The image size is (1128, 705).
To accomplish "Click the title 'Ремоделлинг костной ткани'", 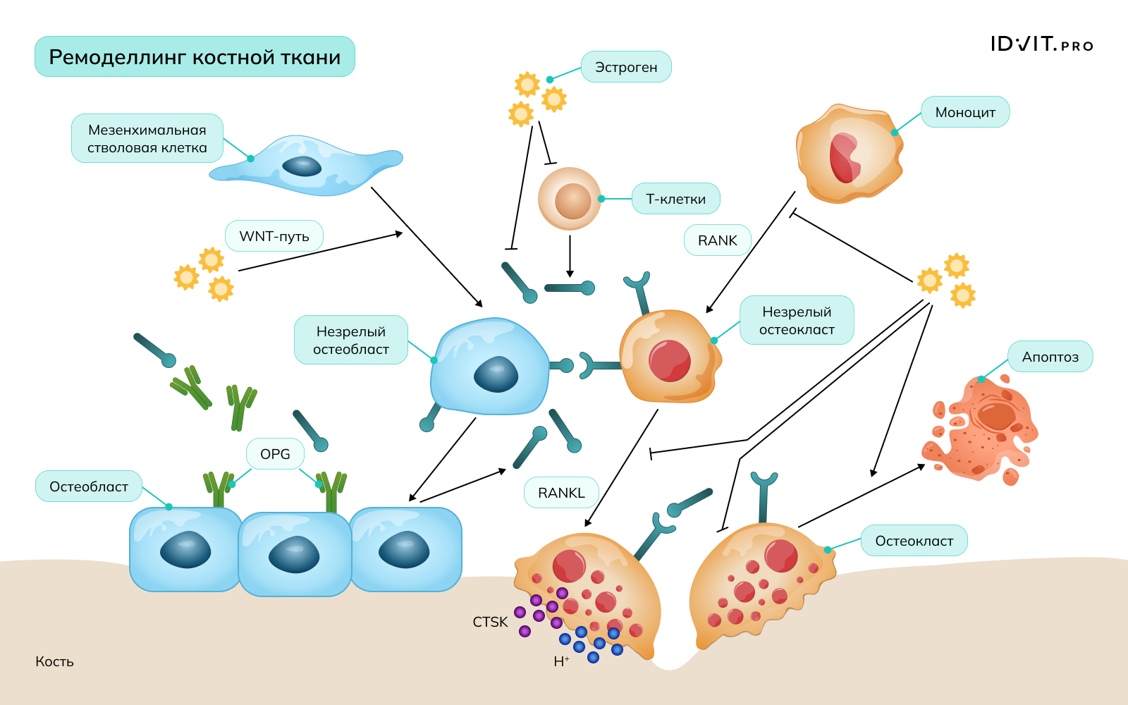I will coord(195,57).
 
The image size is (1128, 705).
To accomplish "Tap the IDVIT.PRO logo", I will coord(1041,44).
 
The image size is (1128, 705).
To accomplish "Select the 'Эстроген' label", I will coord(626,67).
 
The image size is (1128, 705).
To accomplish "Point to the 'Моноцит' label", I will coord(965,112).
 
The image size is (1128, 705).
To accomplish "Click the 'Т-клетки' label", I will coord(675,199).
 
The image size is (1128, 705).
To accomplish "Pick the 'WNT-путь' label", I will coord(274,236).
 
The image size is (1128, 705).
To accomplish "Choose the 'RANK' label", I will coord(717,240).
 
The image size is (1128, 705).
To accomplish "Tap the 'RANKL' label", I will coord(561,493).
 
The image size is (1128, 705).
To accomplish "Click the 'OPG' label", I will coord(275,454).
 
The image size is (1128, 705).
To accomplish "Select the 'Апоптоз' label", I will coord(1050,357).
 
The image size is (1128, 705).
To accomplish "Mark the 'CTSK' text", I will coord(490,622).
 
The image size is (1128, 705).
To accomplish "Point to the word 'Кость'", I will coord(54,661).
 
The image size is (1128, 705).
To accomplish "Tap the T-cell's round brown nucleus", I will coord(572,200).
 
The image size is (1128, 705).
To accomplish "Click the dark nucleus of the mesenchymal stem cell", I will coord(302,166).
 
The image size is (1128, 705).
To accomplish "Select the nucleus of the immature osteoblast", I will coord(496,374).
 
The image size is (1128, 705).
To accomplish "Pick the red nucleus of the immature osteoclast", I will coord(670,360).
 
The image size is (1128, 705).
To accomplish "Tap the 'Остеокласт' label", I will coord(914,541).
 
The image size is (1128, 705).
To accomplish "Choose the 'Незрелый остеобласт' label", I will coord(351,340).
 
